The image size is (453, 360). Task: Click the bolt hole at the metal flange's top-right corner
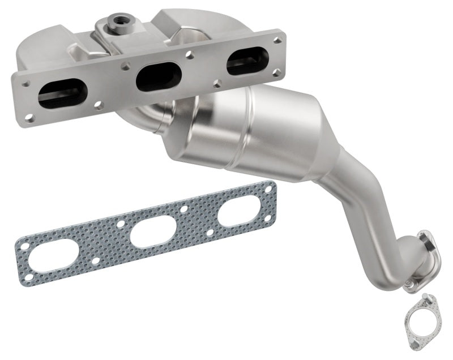click(x=276, y=40)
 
